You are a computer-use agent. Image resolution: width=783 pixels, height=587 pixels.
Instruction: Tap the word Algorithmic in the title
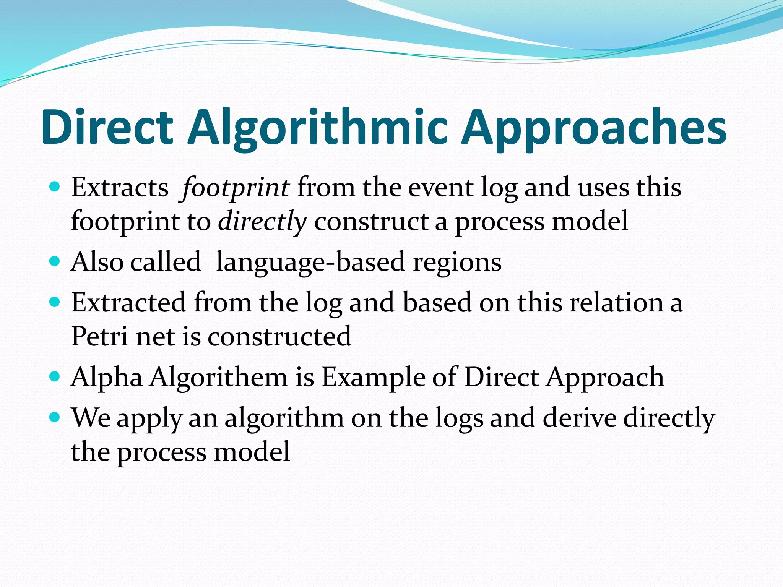tap(317, 127)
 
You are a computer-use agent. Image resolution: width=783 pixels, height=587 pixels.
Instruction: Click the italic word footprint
tap(236, 188)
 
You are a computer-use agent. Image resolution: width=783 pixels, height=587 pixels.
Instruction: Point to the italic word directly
tap(262, 222)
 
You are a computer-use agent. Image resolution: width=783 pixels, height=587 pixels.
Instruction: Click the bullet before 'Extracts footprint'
tap(55, 187)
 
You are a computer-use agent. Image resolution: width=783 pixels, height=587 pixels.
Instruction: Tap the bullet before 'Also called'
tap(55, 261)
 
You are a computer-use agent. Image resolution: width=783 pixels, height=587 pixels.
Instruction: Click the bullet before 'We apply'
tap(55, 417)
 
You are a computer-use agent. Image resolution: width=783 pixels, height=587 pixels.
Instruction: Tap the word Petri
tap(99, 336)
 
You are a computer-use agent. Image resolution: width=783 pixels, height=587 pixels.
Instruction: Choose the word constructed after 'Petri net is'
tap(279, 336)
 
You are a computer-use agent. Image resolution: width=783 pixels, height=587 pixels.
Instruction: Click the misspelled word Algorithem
tap(218, 378)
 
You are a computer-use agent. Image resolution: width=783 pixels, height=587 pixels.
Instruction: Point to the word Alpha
tap(107, 378)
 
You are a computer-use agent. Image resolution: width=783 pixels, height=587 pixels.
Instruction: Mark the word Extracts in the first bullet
tap(120, 188)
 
